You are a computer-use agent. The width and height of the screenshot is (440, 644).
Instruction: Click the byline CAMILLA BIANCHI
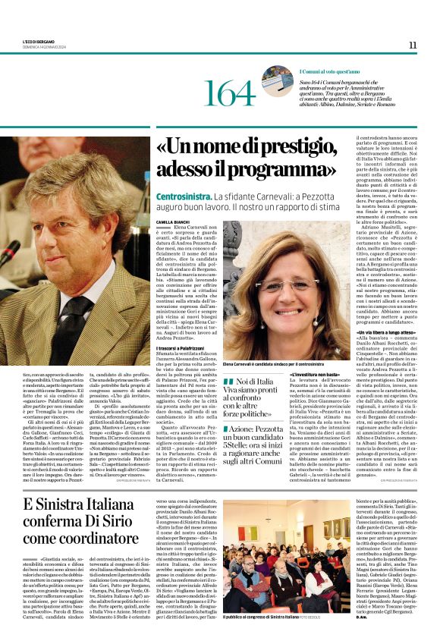click(171, 221)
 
